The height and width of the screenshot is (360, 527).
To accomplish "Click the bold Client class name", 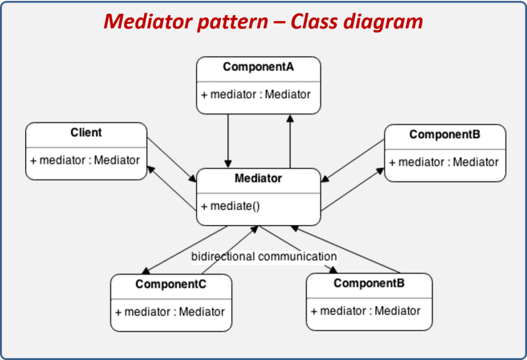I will click(86, 133).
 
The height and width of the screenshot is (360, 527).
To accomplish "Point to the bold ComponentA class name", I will click(258, 67).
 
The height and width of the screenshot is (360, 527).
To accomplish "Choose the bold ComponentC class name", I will click(171, 284).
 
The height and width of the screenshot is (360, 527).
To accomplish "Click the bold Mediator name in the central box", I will click(258, 178).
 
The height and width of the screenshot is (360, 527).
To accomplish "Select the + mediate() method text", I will click(231, 206).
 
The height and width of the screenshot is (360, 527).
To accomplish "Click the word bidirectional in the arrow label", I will click(223, 256).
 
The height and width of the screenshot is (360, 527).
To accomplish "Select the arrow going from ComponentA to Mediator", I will click(227, 139).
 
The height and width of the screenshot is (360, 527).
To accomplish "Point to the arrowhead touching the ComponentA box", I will click(290, 118).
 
